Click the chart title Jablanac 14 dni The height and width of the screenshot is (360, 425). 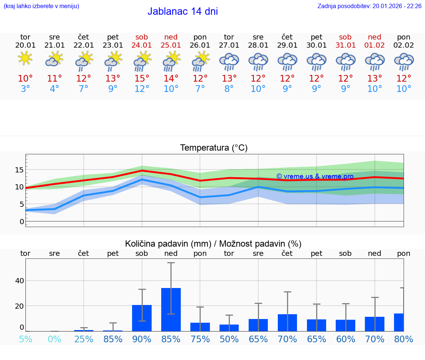[183, 11]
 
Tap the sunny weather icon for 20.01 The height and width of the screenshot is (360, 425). [25, 58]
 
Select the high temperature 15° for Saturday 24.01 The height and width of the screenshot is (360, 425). [142, 78]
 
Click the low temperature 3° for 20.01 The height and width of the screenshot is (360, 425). [25, 89]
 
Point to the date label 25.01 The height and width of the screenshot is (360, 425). [171, 45]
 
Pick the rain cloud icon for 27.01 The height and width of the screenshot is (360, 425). [229, 61]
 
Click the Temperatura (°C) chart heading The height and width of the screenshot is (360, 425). [214, 148]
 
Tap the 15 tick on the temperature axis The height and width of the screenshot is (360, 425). [19, 170]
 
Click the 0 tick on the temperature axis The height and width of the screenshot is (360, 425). [22, 222]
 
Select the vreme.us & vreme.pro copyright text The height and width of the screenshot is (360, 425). [315, 176]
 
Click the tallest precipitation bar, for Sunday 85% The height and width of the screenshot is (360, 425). [171, 309]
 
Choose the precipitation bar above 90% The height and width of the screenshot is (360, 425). [142, 318]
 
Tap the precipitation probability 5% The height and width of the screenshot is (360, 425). [25, 339]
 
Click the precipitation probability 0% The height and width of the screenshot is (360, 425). [54, 339]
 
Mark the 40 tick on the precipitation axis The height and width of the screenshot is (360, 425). [19, 281]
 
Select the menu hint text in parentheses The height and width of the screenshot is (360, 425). [41, 6]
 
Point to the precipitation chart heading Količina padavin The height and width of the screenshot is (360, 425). [213, 244]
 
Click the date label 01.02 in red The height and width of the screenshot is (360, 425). [374, 45]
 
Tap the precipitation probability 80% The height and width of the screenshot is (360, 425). [404, 339]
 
